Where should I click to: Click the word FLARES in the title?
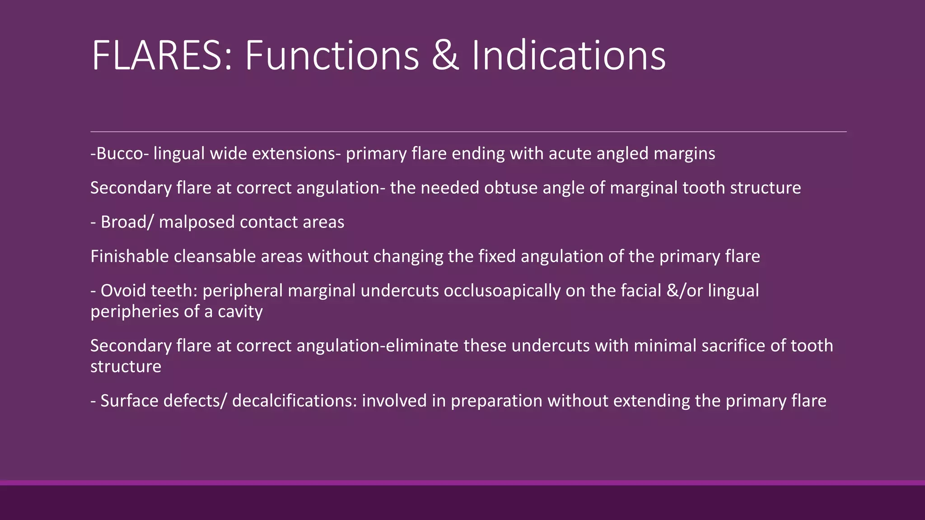point(162,56)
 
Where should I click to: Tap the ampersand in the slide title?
point(445,56)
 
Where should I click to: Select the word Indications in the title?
point(568,56)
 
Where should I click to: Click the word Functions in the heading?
point(332,56)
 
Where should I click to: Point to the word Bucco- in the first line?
point(120,153)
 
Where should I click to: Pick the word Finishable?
point(130,256)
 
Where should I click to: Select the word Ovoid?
point(123,291)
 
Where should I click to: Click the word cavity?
point(240,311)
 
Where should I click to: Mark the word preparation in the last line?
point(496,401)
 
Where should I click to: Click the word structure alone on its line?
point(126,367)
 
